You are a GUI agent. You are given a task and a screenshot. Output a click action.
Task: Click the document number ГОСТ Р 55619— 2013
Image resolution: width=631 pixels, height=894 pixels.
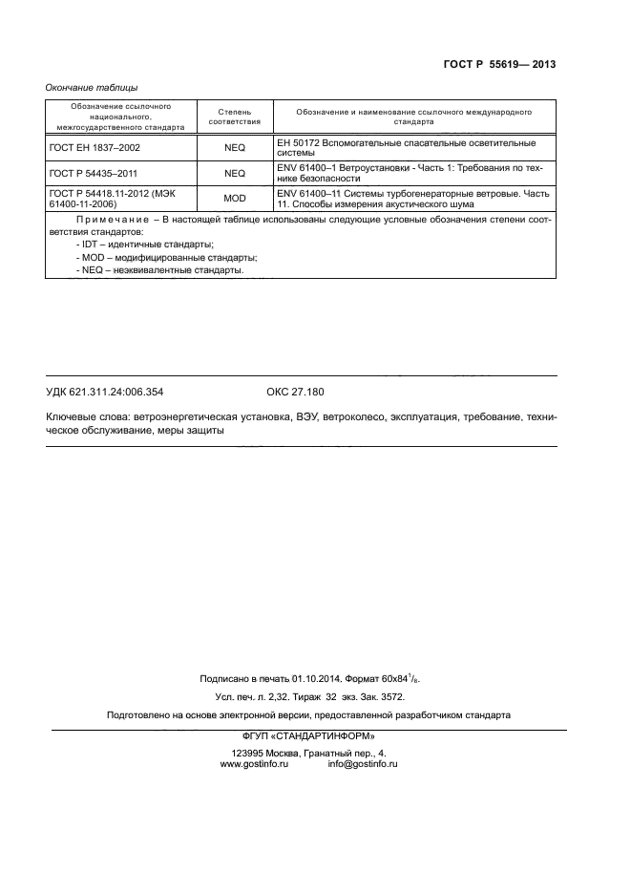500,65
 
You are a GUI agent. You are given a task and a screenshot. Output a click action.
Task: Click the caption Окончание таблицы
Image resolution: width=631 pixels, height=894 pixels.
92,88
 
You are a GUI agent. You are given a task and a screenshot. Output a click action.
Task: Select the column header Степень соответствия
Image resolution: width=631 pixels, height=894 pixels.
234,117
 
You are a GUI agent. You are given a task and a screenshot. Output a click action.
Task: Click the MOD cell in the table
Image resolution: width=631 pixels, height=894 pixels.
234,199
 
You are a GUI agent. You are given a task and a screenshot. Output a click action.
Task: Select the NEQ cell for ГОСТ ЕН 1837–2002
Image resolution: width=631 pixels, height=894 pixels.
234,148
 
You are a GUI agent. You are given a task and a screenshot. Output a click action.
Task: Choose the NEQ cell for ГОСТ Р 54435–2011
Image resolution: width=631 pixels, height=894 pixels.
234,173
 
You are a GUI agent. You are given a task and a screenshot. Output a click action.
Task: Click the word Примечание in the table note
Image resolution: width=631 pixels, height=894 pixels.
106,220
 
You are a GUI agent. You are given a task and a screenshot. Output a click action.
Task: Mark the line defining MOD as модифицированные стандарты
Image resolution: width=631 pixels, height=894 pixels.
167,258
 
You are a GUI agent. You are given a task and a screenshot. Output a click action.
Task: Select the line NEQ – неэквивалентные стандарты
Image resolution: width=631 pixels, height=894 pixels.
159,270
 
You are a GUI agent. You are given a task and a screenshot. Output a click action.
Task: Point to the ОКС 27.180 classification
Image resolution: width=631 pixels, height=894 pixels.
295,392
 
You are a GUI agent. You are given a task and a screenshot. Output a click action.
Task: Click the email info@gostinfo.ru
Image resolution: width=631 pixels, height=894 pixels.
362,764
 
